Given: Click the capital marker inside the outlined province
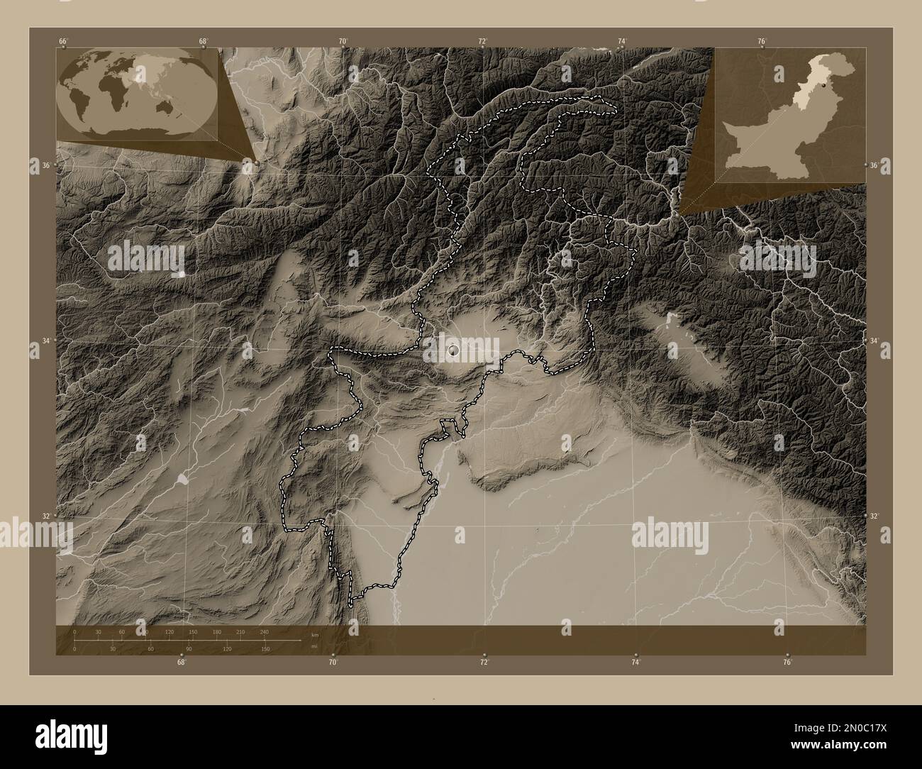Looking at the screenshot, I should tap(454, 350).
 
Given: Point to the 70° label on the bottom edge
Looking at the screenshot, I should tap(333, 663).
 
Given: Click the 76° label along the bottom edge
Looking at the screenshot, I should tap(787, 663).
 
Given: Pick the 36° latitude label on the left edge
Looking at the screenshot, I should tap(45, 165).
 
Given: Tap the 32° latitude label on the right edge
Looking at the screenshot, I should tap(875, 516).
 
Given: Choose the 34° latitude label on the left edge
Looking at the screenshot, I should tap(45, 341).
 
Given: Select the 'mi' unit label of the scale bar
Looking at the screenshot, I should tap(316, 646).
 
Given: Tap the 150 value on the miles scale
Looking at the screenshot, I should tap(265, 649).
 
